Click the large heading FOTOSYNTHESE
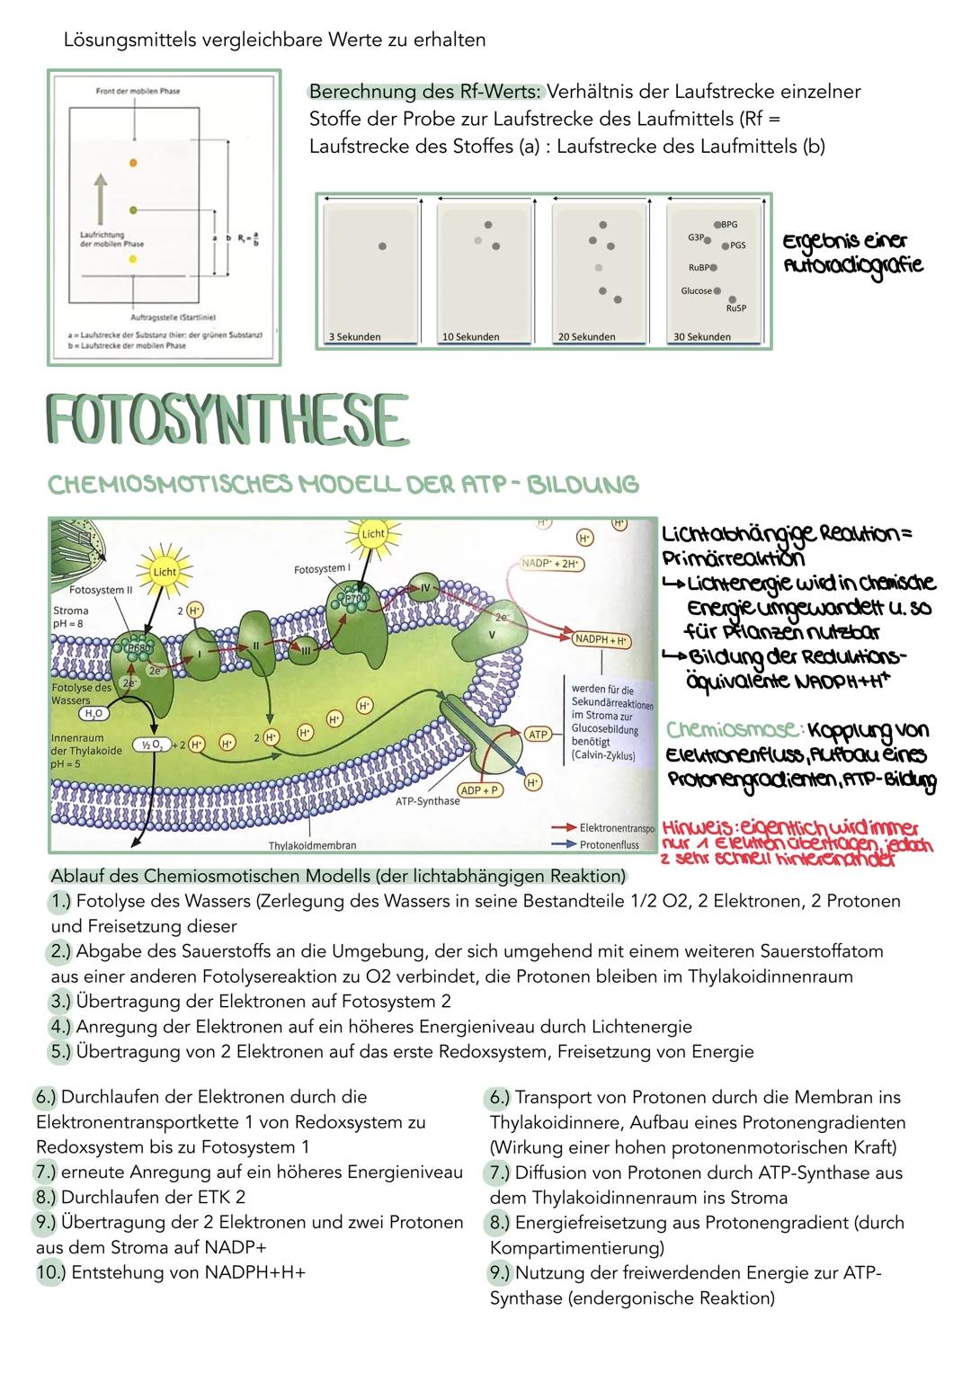(225, 419)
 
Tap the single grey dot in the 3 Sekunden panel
(382, 245)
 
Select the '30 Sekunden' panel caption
(702, 337)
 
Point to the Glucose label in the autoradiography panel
(696, 290)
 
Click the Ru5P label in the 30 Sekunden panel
(735, 308)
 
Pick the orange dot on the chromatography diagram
(133, 162)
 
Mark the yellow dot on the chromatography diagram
(133, 259)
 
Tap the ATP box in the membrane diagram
(538, 735)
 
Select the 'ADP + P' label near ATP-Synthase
(481, 789)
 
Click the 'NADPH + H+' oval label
(601, 641)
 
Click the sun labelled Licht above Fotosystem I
(373, 533)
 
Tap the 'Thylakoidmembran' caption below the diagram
(313, 845)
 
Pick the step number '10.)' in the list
(50, 1272)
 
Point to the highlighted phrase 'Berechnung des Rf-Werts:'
(424, 92)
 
